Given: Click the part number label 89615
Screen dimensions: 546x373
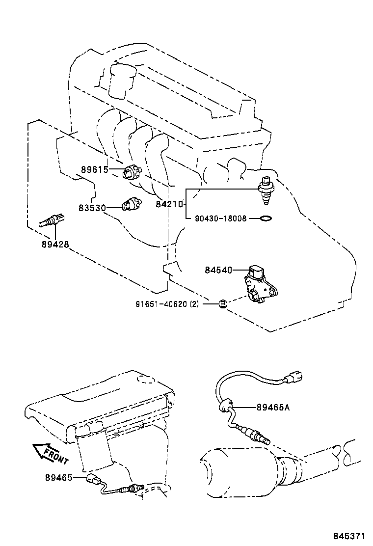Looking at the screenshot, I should [94, 170].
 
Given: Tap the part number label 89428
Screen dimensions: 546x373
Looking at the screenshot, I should [55, 244].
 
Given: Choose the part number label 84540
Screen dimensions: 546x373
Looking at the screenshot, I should [218, 270].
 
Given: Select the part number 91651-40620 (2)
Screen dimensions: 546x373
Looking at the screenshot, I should [167, 304].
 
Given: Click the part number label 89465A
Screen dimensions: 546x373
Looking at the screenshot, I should [274, 407].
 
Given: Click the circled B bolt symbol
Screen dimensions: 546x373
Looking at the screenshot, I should [222, 304].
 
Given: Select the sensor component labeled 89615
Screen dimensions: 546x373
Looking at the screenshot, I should [132, 172].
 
